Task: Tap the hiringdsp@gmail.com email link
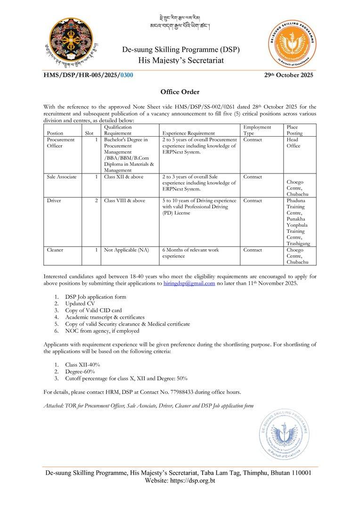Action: (x=188, y=283)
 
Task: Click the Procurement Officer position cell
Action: (x=61, y=143)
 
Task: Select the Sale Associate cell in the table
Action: (x=62, y=177)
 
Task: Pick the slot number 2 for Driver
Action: (x=96, y=200)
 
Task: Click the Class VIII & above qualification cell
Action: (x=124, y=200)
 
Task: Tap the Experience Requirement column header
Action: (x=188, y=133)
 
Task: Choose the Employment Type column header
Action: (x=257, y=130)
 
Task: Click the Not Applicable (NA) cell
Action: (x=126, y=250)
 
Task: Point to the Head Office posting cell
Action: (x=293, y=143)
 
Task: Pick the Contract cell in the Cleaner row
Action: (x=253, y=250)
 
